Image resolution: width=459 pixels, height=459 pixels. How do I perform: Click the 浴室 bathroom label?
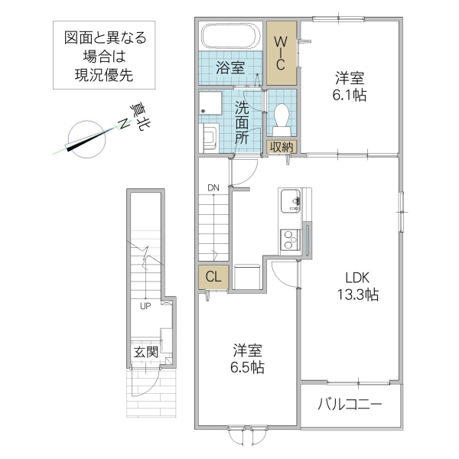click(x=229, y=67)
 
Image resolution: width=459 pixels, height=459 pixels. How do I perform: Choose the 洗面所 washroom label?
click(x=242, y=122)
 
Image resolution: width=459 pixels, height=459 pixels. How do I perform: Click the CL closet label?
click(x=212, y=278)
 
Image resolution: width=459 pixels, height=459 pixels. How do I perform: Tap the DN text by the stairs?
click(x=213, y=187)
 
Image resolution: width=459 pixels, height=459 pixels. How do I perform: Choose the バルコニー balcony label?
click(x=350, y=405)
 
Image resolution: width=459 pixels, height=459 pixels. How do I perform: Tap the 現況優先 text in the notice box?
click(x=104, y=73)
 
